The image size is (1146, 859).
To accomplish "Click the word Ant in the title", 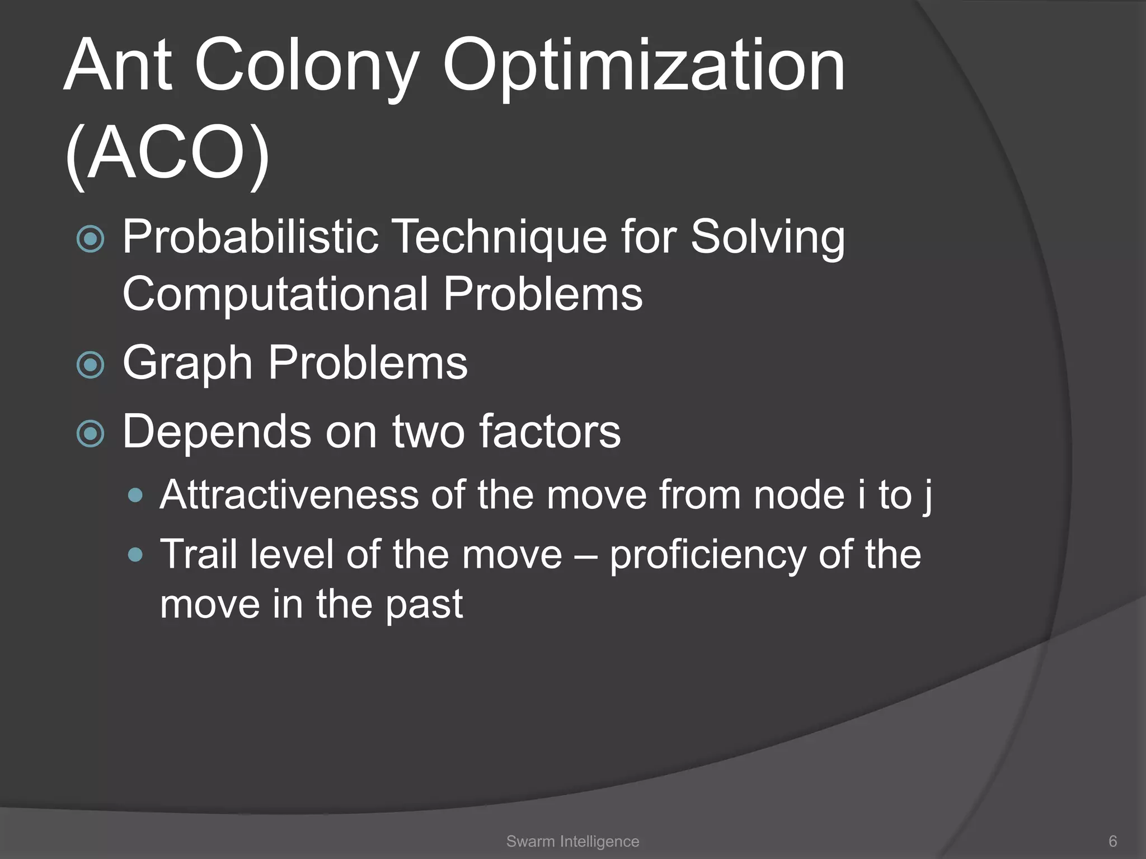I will (x=118, y=66).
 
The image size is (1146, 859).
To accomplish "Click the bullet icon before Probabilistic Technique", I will (x=90, y=239).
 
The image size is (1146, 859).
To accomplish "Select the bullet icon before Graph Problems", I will (x=90, y=365).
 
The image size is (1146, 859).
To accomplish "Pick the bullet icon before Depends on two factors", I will (x=90, y=434).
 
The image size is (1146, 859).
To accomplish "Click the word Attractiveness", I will (x=289, y=495).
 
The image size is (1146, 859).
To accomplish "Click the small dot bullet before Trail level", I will (x=135, y=555).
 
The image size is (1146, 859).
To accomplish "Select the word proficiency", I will (x=707, y=556).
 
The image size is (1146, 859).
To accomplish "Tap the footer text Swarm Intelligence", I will (x=572, y=841).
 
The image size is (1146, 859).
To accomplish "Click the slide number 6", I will (x=1112, y=841).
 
